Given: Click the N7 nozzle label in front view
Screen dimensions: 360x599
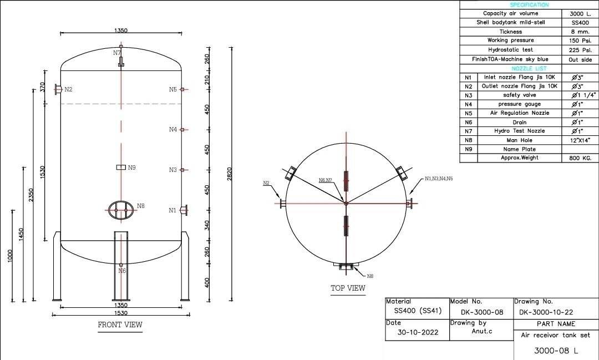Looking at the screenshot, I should [117, 53].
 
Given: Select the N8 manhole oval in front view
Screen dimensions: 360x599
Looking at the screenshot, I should [121, 210].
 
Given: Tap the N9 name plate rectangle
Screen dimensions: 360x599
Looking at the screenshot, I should [121, 167].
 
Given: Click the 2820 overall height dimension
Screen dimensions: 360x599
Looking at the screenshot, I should [229, 173].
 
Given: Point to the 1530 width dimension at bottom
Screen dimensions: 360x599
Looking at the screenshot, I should [121, 314].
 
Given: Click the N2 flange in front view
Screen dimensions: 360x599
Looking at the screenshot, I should [58, 89].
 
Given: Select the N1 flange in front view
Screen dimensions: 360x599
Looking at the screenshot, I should [184, 210].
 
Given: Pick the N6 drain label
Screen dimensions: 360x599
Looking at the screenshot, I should [122, 271].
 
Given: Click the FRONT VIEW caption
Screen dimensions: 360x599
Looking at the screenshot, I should [120, 325].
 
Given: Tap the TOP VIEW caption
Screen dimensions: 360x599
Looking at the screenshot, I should [348, 288].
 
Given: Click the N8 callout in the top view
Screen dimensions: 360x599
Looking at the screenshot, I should [370, 276].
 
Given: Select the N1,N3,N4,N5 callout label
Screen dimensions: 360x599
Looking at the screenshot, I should [439, 179].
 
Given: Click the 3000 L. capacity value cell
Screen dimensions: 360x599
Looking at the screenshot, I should [580, 13].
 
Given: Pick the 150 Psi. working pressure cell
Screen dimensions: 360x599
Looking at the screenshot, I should [580, 40].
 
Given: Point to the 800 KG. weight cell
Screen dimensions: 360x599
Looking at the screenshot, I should [580, 158].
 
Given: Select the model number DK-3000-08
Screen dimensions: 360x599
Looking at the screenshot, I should [481, 312].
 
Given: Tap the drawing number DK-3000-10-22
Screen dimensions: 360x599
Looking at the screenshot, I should [546, 312].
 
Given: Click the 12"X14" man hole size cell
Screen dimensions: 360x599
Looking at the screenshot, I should [580, 140].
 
